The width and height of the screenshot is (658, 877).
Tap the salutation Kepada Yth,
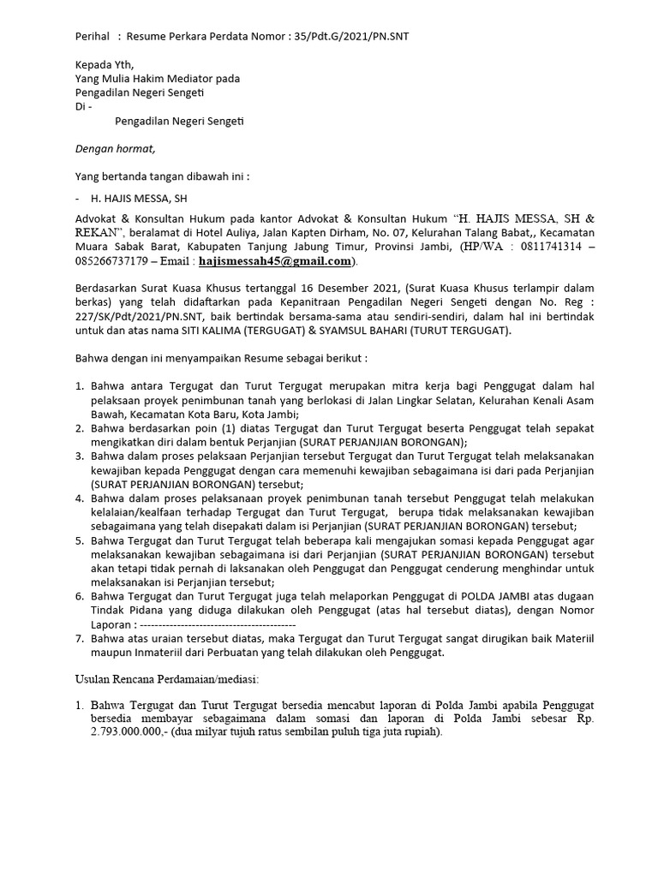tap(105, 64)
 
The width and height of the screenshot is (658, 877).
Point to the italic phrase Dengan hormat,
tap(116, 148)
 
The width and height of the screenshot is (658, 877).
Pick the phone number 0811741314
tap(547, 247)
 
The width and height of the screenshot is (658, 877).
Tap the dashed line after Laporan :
tap(210, 623)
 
